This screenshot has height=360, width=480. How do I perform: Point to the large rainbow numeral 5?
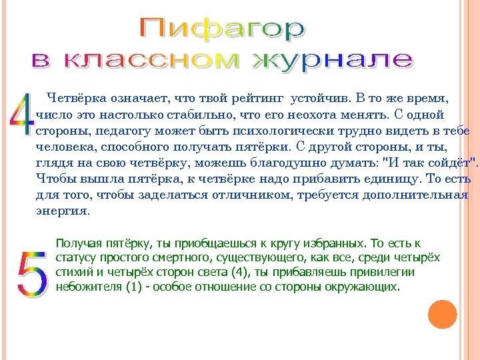pos(31,273)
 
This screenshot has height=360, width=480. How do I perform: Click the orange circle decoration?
pos(442,314)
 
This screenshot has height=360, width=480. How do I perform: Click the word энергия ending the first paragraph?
pos(62,211)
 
